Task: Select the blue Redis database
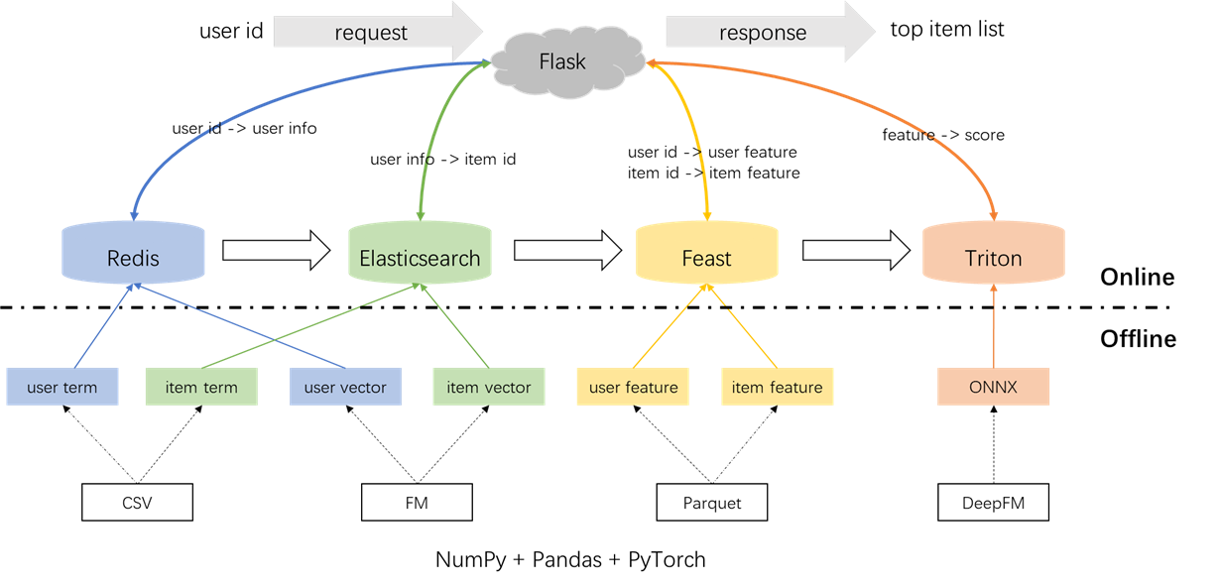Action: coord(133,257)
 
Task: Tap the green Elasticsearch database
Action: coord(420,257)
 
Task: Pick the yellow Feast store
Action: coord(706,257)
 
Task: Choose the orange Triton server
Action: coord(993,257)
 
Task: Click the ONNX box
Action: coord(992,387)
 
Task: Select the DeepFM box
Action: coord(992,504)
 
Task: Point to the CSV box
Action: coord(137,504)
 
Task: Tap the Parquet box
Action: coord(712,504)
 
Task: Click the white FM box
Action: coord(417,504)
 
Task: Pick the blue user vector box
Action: coord(345,387)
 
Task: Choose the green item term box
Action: coord(201,387)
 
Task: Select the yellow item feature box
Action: coord(777,387)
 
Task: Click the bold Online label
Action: coord(1137,278)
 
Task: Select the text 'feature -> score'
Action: coord(943,135)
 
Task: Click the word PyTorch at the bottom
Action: coord(668,559)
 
